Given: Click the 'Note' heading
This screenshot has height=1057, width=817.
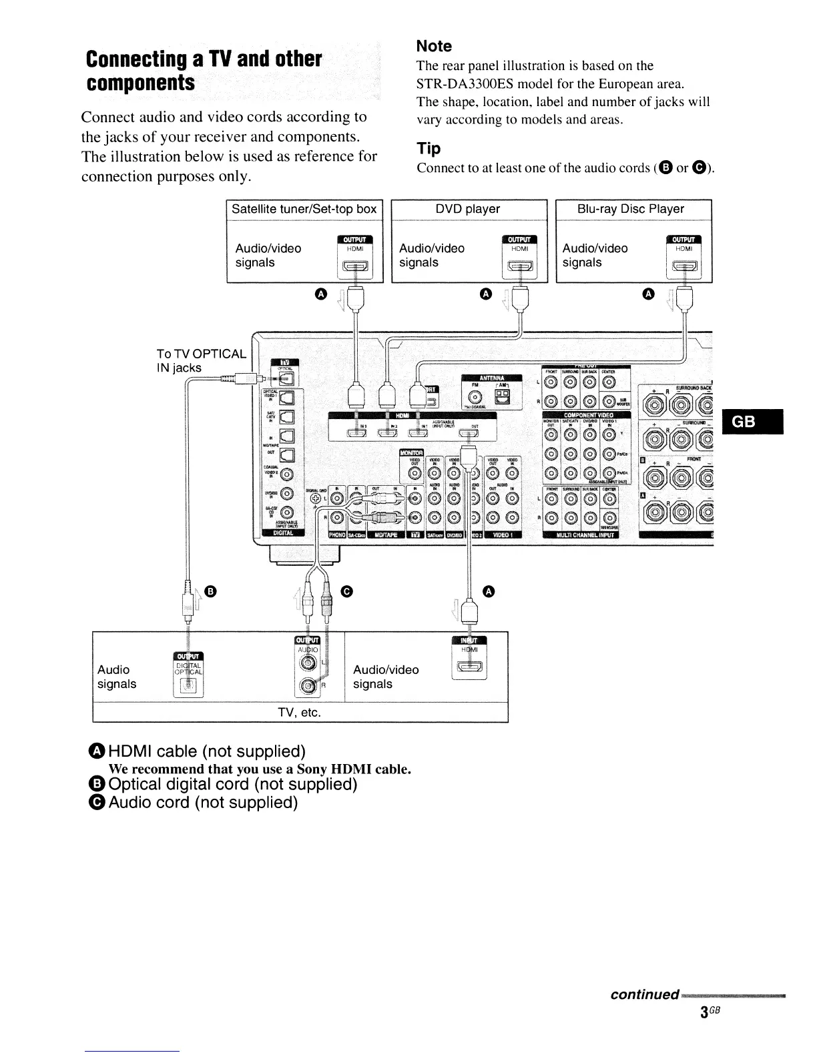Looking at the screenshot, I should coord(434,46).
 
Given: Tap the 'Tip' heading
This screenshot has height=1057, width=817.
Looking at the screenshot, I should coord(429,148).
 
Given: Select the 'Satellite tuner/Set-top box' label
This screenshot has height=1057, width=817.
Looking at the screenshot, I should coord(304,209).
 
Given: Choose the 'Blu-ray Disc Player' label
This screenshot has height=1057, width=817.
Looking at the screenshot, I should coord(631,209).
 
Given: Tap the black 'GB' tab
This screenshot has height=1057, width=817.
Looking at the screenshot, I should coord(752,422).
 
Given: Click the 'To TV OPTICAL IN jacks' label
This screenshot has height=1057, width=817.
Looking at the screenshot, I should coord(201,360).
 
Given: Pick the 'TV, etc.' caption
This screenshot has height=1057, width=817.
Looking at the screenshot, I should coord(300,712).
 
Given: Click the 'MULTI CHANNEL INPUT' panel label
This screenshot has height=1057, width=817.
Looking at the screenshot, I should coord(581,534).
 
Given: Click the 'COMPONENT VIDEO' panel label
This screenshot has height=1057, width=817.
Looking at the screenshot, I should coord(588,414).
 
